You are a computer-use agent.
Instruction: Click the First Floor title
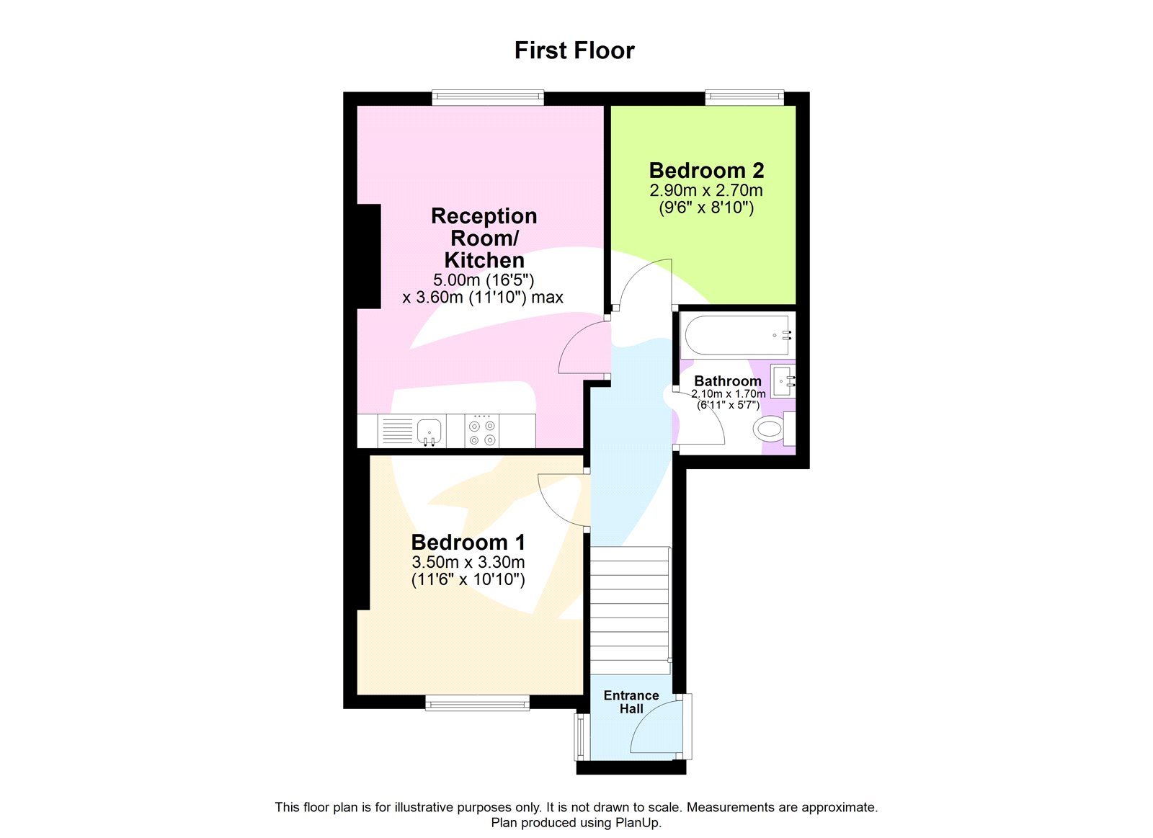click(x=574, y=50)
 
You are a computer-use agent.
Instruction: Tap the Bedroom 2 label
click(x=706, y=171)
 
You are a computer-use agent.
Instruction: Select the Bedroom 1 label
click(x=468, y=542)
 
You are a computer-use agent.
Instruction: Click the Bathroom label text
click(x=727, y=380)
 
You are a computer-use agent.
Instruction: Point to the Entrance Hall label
click(x=631, y=702)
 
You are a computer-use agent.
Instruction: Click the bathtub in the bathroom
click(x=735, y=335)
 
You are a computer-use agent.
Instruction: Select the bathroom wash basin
click(x=783, y=380)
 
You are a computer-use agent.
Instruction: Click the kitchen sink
click(x=429, y=431)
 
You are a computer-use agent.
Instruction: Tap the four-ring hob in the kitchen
click(x=482, y=432)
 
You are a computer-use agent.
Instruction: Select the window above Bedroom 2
click(x=744, y=97)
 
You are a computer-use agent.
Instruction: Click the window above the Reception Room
click(x=488, y=97)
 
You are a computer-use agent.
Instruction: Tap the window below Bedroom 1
click(x=477, y=703)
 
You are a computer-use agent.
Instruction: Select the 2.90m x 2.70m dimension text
click(x=705, y=190)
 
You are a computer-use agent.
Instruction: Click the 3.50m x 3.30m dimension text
click(x=468, y=562)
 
